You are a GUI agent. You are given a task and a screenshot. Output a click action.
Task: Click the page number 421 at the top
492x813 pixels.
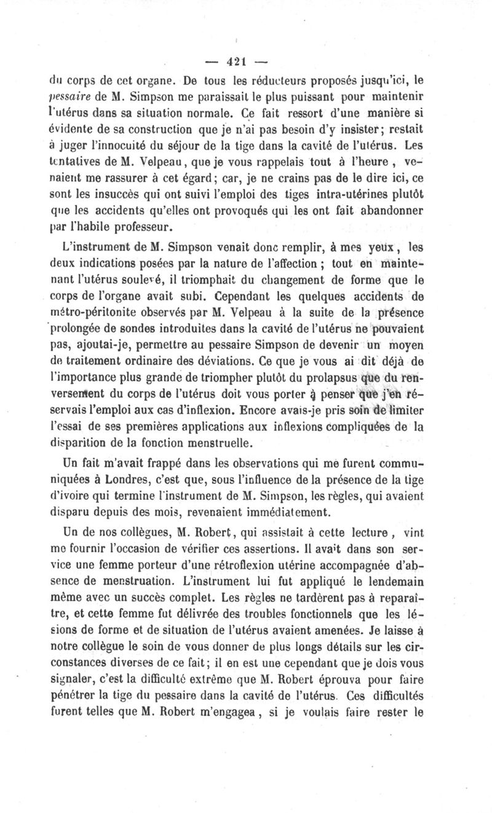click(x=236, y=61)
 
